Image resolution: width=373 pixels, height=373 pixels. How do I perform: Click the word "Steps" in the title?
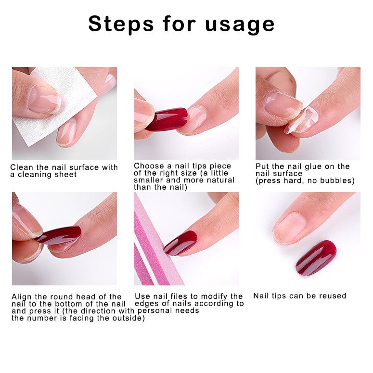121,24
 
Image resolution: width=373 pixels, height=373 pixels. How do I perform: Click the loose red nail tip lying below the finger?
316,257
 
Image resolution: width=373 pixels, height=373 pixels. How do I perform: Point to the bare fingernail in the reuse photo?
289,228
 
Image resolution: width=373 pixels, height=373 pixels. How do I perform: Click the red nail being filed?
181,243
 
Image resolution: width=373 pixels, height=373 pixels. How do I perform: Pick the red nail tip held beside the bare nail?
166,119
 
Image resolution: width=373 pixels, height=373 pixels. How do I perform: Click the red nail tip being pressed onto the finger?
60,234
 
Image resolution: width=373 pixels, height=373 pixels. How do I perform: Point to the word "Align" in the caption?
22,297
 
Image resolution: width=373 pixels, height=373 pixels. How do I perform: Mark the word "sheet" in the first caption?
65,174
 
